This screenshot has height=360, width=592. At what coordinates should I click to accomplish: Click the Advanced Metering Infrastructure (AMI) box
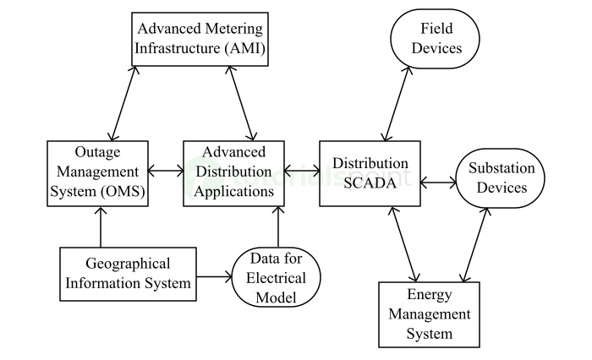pyautogui.click(x=200, y=38)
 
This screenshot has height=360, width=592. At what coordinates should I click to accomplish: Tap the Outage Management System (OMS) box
pyautogui.click(x=98, y=174)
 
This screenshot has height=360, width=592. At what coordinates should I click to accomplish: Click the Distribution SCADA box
pyautogui.click(x=370, y=174)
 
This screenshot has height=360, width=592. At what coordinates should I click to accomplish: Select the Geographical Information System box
pyautogui.click(x=128, y=274)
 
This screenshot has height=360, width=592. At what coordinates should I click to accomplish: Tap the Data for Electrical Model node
pyautogui.click(x=277, y=275)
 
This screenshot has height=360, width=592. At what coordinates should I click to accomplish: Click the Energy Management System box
pyautogui.click(x=428, y=314)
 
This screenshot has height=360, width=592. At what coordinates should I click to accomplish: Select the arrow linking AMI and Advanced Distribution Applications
pyautogui.click(x=239, y=102)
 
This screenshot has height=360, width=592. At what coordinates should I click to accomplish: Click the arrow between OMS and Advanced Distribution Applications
pyautogui.click(x=166, y=170)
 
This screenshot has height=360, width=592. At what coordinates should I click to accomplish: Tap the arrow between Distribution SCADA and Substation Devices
pyautogui.click(x=438, y=180)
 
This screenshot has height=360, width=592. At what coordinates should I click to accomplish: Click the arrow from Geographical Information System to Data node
pyautogui.click(x=214, y=275)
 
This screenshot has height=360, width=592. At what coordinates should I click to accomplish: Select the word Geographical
pyautogui.click(x=128, y=264)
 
